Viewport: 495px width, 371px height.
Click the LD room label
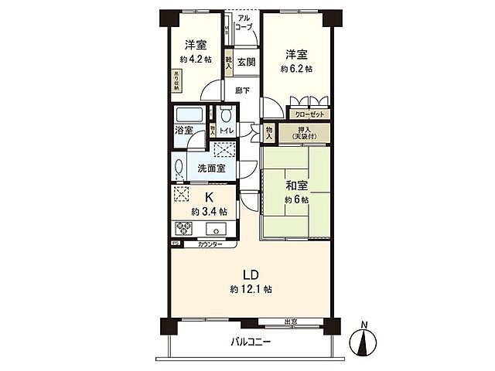pos(250,275)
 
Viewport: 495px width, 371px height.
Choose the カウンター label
pos(210,245)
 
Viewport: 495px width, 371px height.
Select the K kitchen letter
pos(209,196)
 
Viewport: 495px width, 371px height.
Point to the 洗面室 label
pos(210,168)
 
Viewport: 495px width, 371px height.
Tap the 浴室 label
pos(184,131)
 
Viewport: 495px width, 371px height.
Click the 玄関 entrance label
pos(246,62)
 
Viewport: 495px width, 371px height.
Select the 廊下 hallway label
pos(242,90)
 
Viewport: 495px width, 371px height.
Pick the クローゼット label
pos(309,114)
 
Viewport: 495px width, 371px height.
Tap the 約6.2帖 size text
pos(297,69)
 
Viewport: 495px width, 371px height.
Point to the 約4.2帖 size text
pos(195,59)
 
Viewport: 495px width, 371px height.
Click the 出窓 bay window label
pos(292,322)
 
